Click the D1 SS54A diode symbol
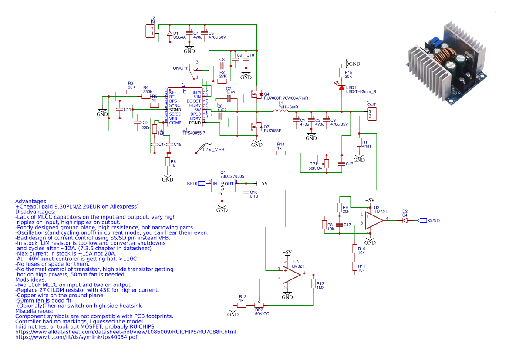coord(169,34)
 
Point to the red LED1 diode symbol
coord(342,88)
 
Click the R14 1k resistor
coord(281,153)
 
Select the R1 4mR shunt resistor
coord(359,142)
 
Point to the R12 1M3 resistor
coord(313,284)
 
